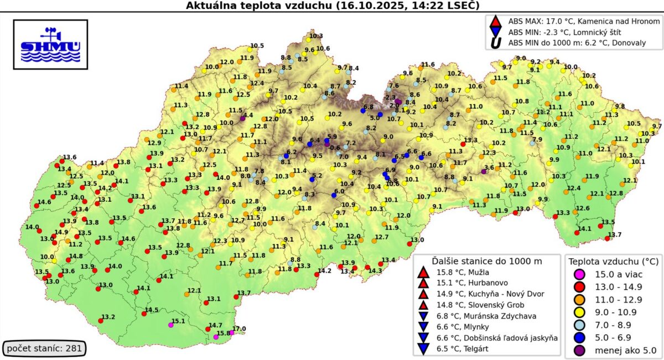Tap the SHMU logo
click(50, 44)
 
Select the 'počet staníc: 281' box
click(45, 348)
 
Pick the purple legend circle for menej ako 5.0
click(578, 350)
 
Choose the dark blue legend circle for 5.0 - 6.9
click(578, 337)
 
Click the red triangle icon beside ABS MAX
click(495, 22)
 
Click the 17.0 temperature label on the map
click(238, 328)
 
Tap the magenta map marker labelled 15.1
click(170, 325)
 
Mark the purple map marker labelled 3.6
click(484, 171)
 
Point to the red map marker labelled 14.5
click(144, 314)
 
